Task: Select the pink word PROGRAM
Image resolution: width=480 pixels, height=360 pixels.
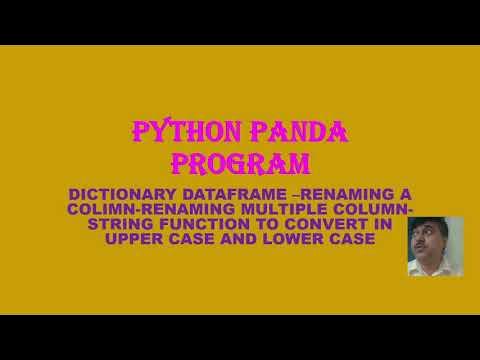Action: click(x=239, y=162)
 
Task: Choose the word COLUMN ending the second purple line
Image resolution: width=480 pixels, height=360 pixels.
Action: click(x=374, y=209)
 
